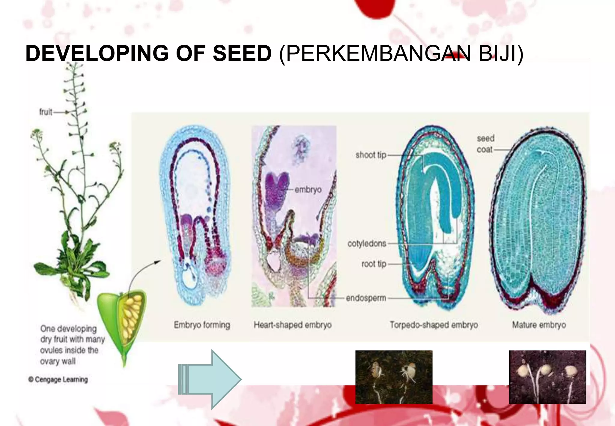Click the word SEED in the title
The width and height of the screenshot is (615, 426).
pos(242,53)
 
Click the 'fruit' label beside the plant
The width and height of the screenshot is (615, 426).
pos(46,112)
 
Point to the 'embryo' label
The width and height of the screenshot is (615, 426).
pos(308,190)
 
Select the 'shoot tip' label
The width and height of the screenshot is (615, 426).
pos(371,155)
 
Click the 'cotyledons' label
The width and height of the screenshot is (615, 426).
pos(367,243)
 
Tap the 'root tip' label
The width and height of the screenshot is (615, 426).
pos(374,264)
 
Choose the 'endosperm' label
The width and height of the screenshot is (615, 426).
pos(366,298)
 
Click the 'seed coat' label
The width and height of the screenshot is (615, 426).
pos(485,144)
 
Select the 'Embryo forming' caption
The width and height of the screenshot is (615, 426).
pos(202,325)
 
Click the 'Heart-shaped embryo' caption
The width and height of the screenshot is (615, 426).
pos(292,325)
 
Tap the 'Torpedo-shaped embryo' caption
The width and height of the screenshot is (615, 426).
pos(434,325)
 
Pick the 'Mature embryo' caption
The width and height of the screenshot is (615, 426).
pos(539,325)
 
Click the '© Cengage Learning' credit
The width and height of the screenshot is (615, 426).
pos(58,379)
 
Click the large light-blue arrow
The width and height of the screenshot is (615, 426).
pos(210,379)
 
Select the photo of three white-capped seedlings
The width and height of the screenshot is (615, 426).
pos(547,377)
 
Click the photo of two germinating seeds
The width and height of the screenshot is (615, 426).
pos(394,377)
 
